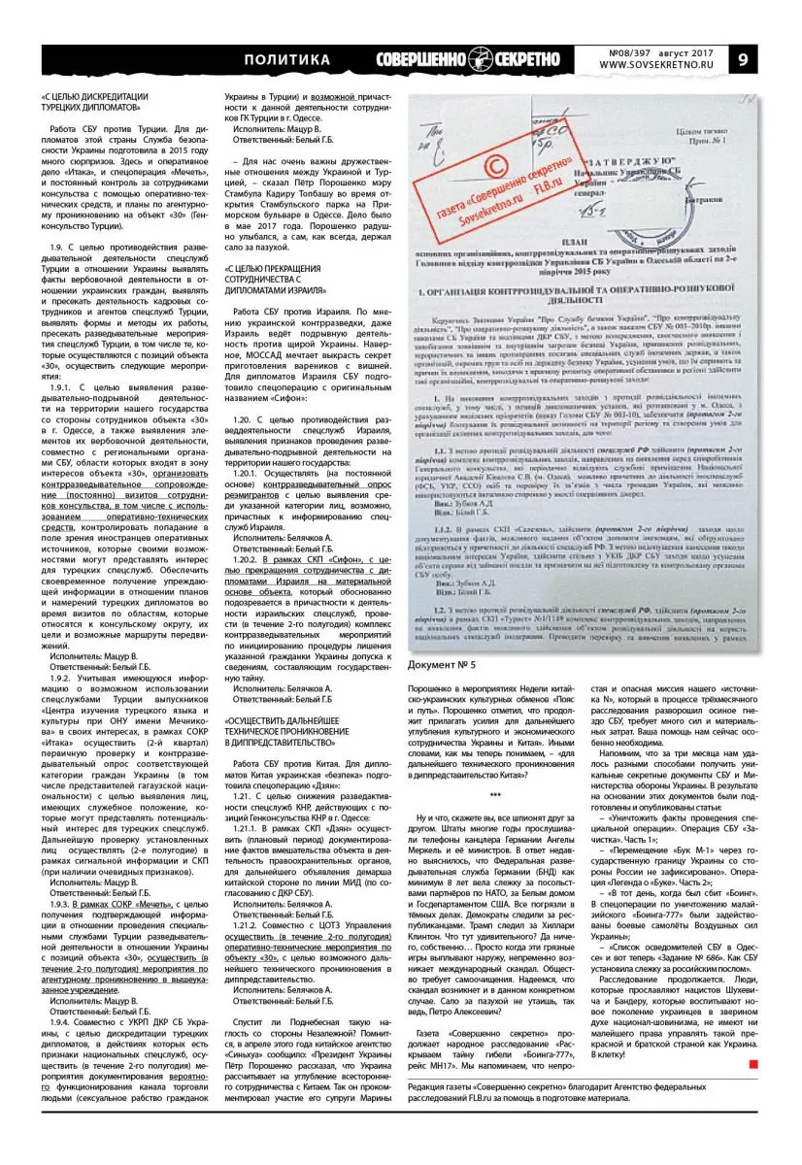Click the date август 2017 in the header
click(x=688, y=51)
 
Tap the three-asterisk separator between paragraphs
click(x=495, y=794)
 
